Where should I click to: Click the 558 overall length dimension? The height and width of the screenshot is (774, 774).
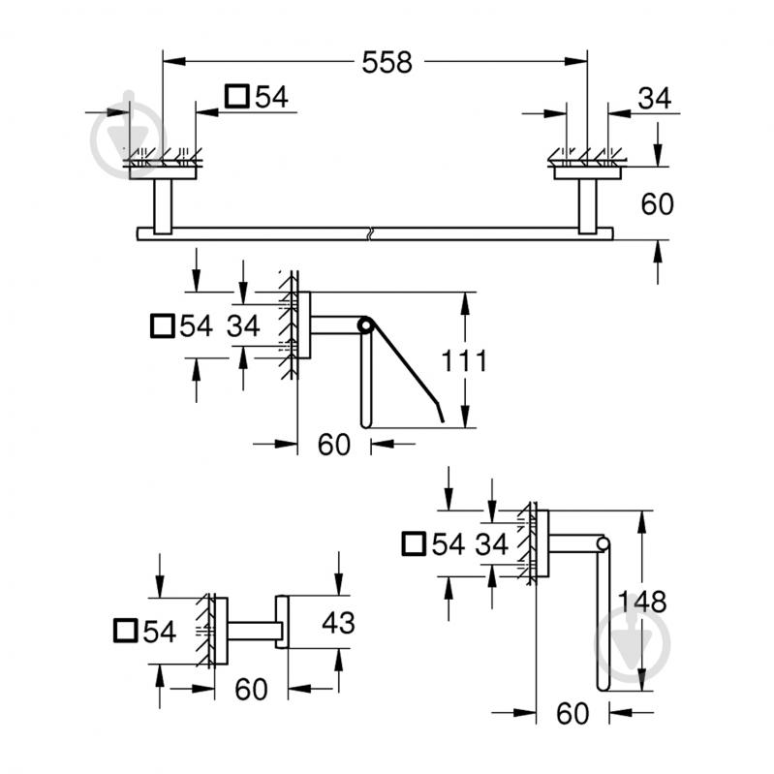387,63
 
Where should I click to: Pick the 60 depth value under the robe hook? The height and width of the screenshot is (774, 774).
251,690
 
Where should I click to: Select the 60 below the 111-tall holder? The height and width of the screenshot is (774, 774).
333,445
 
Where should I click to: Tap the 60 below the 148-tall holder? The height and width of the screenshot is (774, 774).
573,714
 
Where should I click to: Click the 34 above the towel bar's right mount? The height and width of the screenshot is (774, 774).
654,98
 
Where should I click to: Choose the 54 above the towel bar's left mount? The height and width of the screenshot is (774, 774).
271,97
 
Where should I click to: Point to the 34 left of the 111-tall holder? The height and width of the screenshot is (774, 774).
244,326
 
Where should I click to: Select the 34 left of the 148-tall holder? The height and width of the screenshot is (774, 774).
491,544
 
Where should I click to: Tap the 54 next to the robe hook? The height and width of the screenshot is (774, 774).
159,632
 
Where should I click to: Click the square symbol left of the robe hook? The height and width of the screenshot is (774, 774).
124,631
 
